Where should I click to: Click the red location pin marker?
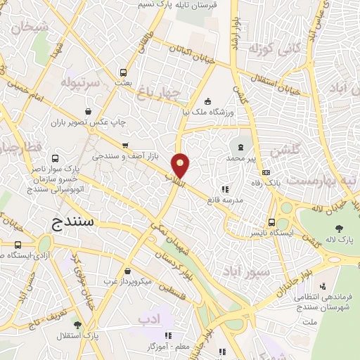(181, 165)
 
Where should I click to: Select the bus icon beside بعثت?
(124, 72)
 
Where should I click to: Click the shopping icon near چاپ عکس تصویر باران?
(87, 110)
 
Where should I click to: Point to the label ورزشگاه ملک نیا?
(232, 111)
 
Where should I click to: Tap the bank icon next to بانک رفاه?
(265, 173)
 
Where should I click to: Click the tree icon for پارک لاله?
(340, 228)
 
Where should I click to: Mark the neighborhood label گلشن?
(285, 149)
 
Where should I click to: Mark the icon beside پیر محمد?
(243, 147)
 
